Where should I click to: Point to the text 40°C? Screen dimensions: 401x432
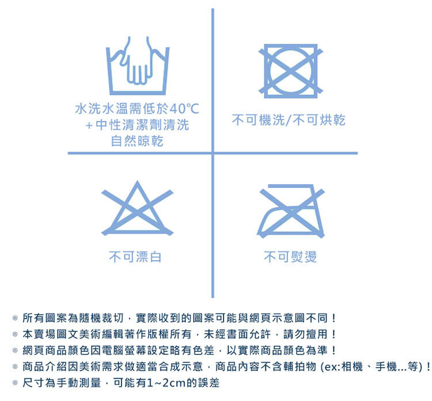coord(184,109)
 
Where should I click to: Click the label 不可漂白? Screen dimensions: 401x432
coord(135,257)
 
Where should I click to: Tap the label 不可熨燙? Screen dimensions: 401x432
coord(290,257)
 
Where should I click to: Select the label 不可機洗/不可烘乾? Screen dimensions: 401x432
coord(289,120)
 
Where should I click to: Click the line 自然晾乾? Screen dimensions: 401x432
coord(137,140)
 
